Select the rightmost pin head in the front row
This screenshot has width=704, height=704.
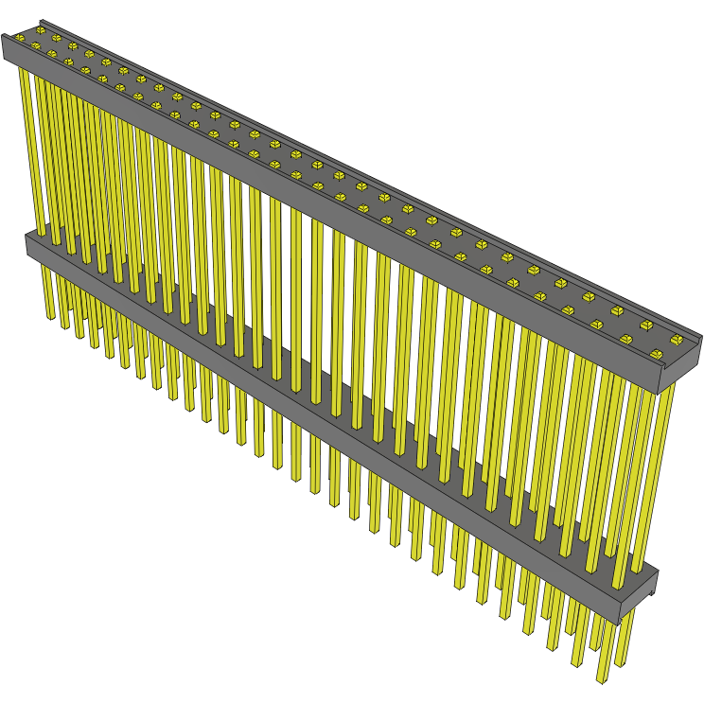(626, 339)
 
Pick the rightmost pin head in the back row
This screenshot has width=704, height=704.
(647, 325)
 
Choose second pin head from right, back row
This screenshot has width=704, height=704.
(616, 310)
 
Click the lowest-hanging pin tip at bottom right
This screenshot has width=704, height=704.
(601, 677)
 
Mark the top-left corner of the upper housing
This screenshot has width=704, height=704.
(5, 38)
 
